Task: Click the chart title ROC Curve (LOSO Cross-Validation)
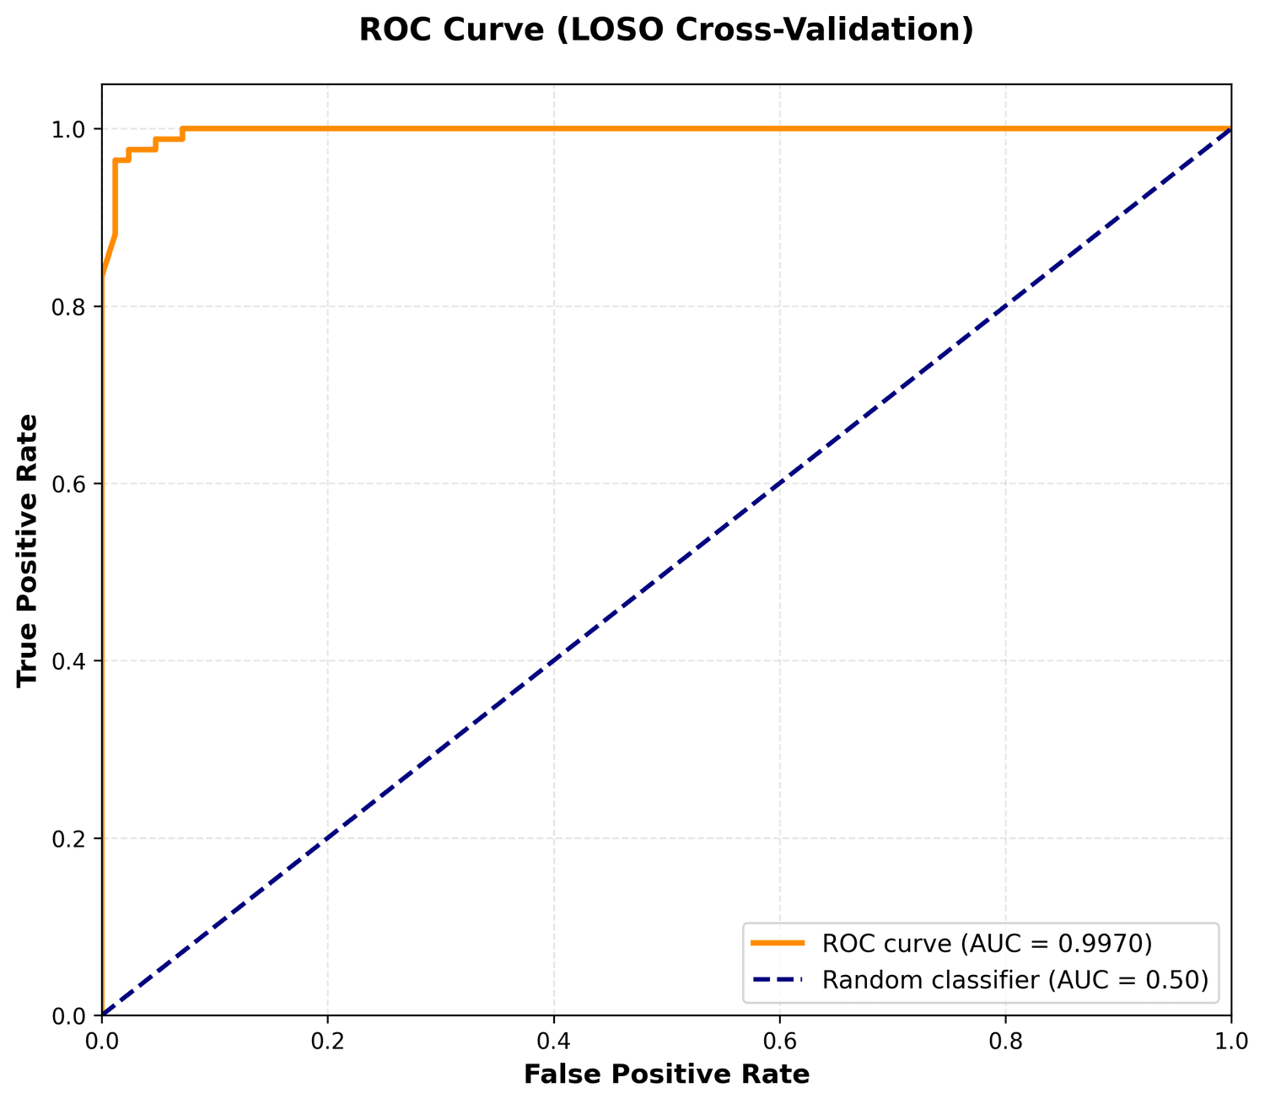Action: [x=666, y=30]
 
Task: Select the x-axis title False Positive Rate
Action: [x=666, y=1074]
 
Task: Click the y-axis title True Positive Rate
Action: [x=28, y=549]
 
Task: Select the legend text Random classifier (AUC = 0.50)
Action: [x=1015, y=979]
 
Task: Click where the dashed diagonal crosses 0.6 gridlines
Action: [x=779, y=483]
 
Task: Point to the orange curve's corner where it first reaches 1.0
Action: [x=182, y=129]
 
